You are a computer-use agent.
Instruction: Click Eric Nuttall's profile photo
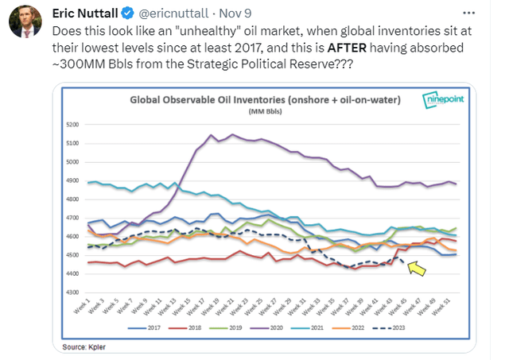(25, 21)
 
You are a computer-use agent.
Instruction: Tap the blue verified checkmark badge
(127, 14)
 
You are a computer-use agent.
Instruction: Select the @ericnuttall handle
(173, 14)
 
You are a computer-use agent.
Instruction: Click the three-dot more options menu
(468, 13)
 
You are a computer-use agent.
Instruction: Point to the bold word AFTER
(347, 48)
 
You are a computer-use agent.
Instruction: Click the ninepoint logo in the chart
(443, 99)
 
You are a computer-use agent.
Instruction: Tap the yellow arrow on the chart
(416, 269)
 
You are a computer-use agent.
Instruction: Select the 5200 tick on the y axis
(72, 125)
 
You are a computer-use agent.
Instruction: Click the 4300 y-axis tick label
(72, 292)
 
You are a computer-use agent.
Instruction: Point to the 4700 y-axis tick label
(72, 218)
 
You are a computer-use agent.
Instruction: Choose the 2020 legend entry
(267, 328)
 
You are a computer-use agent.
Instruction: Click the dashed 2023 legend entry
(389, 328)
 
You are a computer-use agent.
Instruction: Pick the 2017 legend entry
(145, 328)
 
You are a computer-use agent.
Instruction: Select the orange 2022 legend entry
(348, 328)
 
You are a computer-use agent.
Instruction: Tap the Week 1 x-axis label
(81, 308)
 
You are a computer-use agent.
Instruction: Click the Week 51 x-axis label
(441, 307)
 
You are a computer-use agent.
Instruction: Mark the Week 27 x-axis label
(269, 307)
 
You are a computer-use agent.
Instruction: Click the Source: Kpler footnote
(84, 347)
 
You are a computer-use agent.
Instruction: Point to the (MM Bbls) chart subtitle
(265, 111)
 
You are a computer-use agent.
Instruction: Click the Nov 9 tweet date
(235, 14)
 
